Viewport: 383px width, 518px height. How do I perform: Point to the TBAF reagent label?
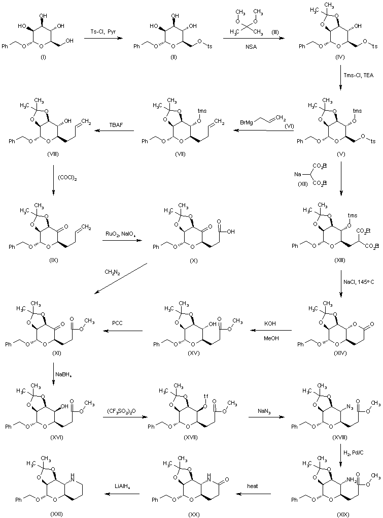tap(116, 122)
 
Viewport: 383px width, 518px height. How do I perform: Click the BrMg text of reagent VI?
tap(250, 122)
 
